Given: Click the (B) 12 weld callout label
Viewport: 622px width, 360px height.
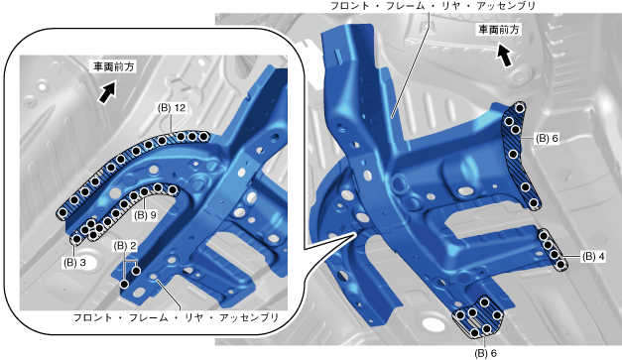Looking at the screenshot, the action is point(172,108).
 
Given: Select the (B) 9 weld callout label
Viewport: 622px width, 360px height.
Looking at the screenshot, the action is point(145,215).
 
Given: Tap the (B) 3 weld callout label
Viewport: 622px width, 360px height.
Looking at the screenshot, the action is point(74,263).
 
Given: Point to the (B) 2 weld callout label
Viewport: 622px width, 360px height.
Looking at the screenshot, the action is point(125,246).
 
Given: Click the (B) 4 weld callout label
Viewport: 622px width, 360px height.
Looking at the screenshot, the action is point(593,257).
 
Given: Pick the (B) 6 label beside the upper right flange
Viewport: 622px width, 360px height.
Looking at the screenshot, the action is point(547,138).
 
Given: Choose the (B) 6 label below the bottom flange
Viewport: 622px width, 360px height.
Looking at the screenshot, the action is point(485,352).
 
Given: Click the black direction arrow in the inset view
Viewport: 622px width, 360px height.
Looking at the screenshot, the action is point(107,92).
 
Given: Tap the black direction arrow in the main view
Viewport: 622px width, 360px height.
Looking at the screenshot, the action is point(504,56).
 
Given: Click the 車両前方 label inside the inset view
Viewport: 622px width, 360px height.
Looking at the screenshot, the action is point(114,66).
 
